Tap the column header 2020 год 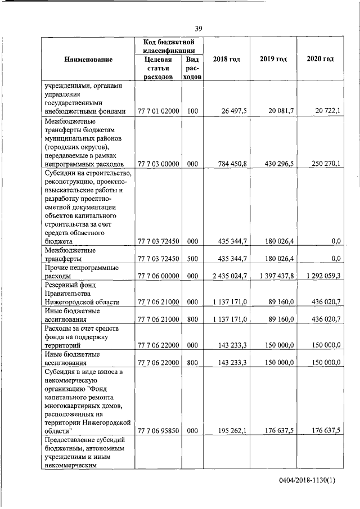(320, 59)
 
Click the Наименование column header (88, 59)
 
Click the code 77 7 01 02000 (158, 111)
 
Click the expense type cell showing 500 (192, 259)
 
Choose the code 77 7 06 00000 (158, 276)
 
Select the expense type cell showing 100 (192, 111)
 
